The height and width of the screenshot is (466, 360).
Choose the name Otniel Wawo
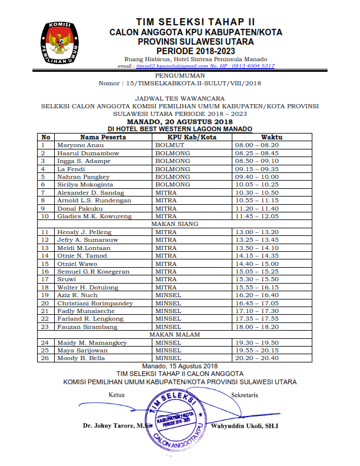77,264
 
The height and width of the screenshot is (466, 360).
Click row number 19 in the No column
44,295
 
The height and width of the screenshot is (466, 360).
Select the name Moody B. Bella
81,358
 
